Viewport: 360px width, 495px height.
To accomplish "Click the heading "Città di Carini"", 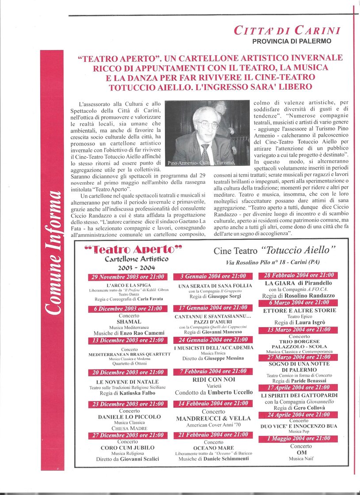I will (287, 30).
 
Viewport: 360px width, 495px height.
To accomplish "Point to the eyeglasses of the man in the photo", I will (208, 124).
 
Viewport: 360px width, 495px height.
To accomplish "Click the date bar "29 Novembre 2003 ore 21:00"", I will (128, 277).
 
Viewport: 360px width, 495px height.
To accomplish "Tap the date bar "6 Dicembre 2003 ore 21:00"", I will (128, 308).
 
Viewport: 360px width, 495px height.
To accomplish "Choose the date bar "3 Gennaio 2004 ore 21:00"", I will (213, 277).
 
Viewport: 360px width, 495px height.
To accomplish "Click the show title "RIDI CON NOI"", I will (213, 379).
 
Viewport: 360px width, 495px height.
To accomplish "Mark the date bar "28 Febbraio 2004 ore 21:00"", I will (298, 275).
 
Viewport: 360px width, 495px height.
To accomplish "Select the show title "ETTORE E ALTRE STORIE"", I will (299, 310).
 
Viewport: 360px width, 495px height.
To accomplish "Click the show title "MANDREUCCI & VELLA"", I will (213, 418).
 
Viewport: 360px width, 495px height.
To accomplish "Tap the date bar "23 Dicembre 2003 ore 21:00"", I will (128, 404).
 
